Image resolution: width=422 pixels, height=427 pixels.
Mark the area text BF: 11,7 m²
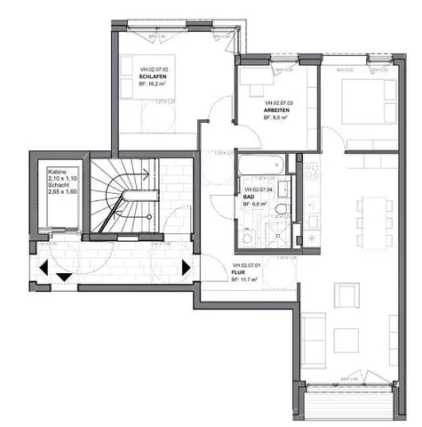tap(244, 280)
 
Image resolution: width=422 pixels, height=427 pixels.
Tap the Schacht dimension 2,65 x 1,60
tap(60, 191)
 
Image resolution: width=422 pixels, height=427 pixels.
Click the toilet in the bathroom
tap(282, 210)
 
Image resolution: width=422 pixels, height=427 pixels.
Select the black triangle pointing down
tap(63, 277)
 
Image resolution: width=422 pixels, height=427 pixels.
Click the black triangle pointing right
tap(186, 266)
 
